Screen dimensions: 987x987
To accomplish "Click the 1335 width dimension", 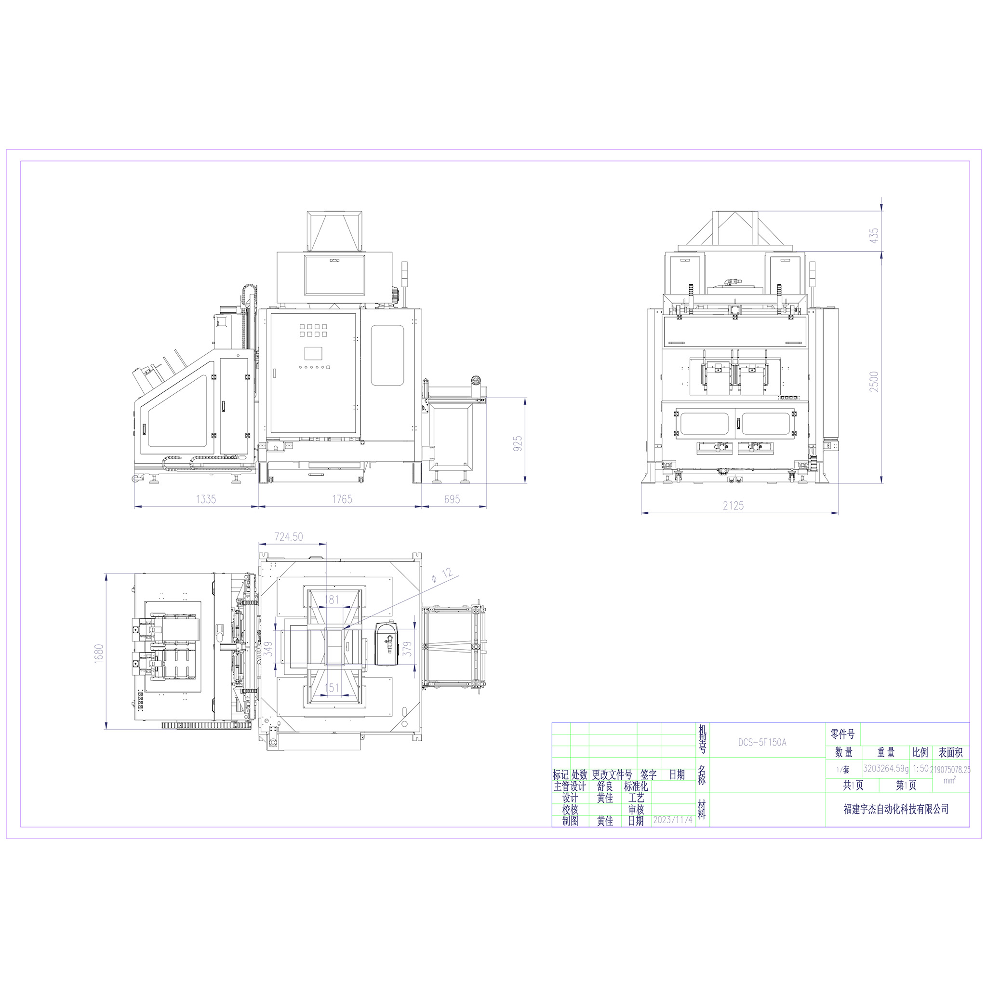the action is pos(206,499).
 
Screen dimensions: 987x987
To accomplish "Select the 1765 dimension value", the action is pos(342,499).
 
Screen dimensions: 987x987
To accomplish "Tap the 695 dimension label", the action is pos(452,499).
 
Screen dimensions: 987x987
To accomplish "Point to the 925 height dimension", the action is pos(518,443).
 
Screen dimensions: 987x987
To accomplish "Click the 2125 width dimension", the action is pos(733,506).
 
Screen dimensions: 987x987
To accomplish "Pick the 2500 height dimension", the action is pos(874,382).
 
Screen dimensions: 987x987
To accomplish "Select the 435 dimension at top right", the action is pos(874,236).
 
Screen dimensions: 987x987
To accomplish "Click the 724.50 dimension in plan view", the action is pos(289,537).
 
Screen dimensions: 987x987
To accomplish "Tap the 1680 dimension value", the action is pos(99,654).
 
